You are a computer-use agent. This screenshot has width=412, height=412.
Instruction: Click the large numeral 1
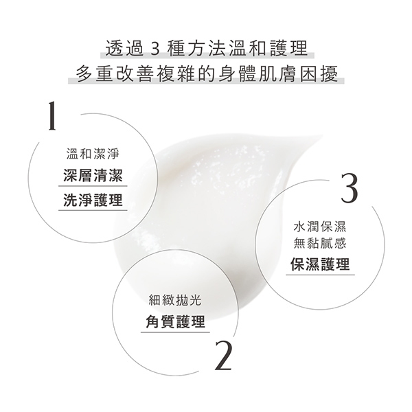tap(53, 116)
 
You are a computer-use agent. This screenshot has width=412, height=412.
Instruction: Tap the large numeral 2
tap(223, 356)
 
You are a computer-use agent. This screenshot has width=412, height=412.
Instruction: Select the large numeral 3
tap(350, 187)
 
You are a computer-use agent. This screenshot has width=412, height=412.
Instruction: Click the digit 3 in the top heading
tap(156, 49)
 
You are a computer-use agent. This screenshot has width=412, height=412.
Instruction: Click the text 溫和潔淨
tap(93, 153)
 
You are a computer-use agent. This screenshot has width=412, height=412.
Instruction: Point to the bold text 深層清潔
tap(93, 175)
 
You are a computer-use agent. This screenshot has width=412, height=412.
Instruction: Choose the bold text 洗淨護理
tap(93, 200)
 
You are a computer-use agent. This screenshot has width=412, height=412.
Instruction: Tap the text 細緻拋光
tap(175, 300)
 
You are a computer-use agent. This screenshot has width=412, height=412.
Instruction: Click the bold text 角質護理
tap(175, 321)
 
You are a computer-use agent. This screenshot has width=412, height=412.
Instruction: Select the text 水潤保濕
tap(320, 227)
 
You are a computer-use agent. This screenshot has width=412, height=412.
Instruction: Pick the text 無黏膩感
tap(320, 243)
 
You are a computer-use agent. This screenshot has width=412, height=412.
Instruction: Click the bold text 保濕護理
tap(320, 264)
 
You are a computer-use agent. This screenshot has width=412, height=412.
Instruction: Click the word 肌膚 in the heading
tap(277, 73)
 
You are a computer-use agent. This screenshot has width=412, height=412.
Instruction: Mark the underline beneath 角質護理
tap(175, 332)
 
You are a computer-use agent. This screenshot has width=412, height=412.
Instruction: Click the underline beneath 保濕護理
tap(320, 275)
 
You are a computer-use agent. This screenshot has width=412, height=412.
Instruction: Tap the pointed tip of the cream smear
tap(322, 136)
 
